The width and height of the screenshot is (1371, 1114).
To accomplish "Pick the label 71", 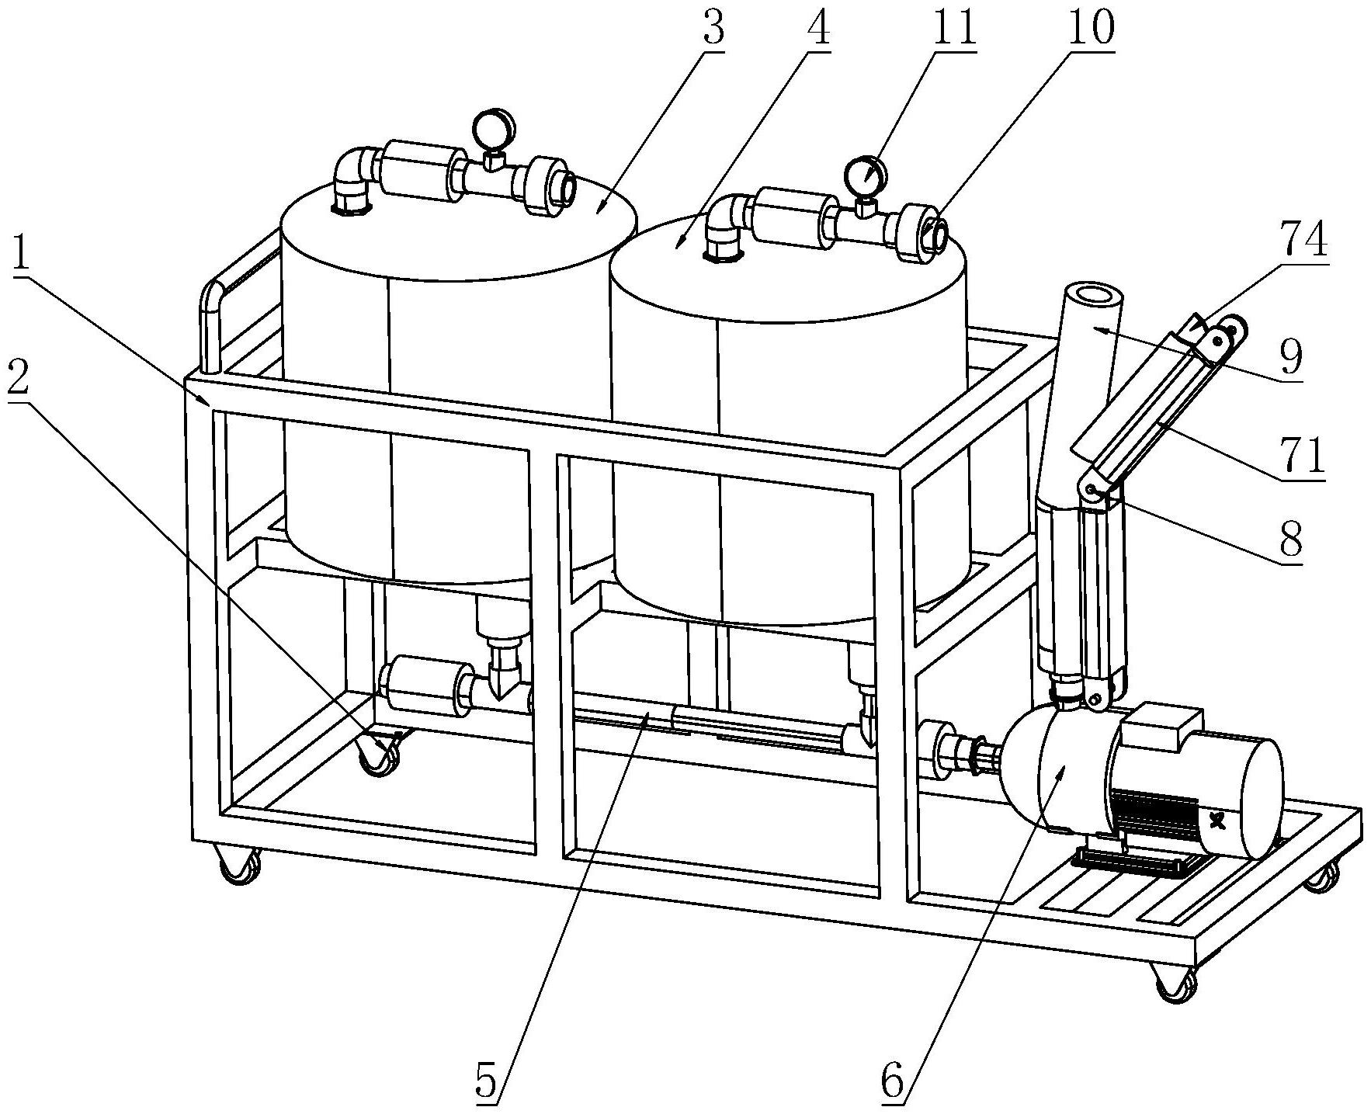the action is click(1303, 456).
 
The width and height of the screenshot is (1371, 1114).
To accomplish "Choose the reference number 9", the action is click(1289, 356).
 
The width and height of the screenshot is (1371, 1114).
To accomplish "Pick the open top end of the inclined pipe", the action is click(1092, 297).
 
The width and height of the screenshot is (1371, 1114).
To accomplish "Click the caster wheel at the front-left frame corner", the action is click(239, 865).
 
